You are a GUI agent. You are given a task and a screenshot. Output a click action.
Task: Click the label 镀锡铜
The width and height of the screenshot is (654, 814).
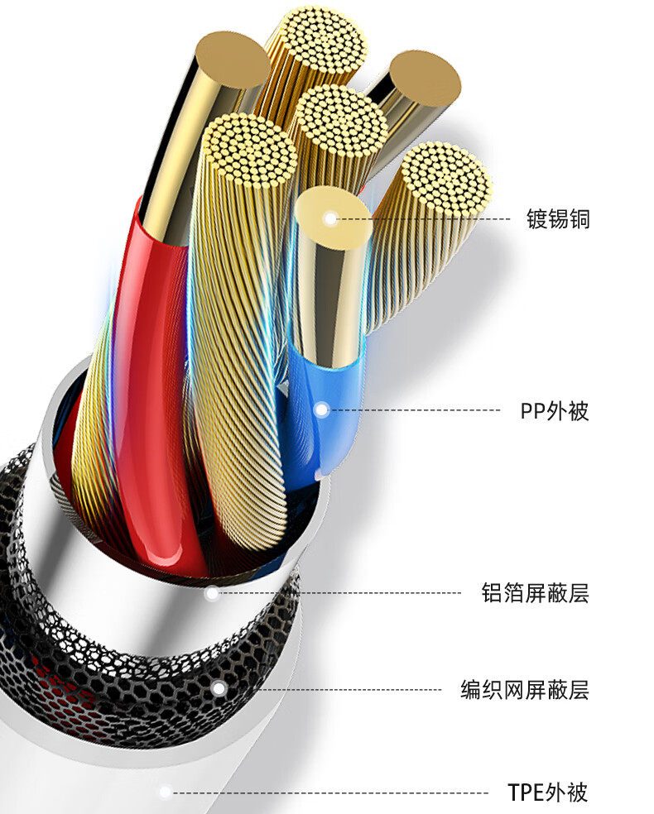click(x=558, y=220)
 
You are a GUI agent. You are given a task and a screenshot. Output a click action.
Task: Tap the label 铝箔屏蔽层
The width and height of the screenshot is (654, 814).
click(x=535, y=593)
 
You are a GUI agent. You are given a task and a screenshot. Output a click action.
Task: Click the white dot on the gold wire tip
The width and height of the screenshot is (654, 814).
click(x=331, y=219)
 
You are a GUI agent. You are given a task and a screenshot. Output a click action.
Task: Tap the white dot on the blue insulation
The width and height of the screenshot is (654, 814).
click(x=321, y=409)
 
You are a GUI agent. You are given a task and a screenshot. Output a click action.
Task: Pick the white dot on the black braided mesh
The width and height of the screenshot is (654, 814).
click(x=218, y=688)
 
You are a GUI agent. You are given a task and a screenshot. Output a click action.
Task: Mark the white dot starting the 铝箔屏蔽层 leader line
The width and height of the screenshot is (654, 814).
click(x=212, y=593)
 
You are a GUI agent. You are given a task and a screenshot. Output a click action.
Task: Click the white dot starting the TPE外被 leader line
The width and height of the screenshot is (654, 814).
click(x=166, y=792)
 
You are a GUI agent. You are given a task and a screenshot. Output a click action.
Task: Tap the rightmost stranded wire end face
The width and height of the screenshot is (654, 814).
click(x=446, y=179)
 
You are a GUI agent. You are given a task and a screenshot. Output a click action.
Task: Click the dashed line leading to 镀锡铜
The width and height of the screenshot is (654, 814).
click(x=439, y=219)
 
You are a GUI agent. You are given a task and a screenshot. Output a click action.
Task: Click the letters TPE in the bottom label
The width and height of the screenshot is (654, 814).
click(x=526, y=792)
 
